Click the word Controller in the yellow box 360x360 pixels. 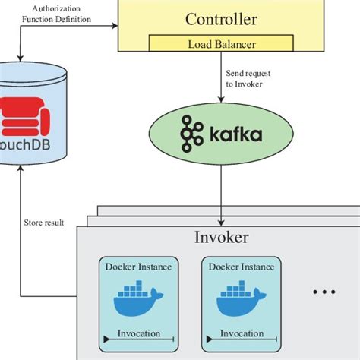click(222, 21)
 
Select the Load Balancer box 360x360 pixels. click(221, 45)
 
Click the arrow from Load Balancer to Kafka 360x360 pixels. click(221, 84)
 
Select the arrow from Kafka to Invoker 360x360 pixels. click(221, 182)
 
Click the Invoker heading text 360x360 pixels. click(221, 238)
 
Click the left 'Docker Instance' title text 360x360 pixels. click(138, 267)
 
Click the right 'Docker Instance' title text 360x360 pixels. click(241, 267)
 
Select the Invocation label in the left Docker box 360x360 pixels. click(138, 333)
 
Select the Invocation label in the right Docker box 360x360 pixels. click(241, 333)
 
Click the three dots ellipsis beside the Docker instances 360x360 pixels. click(324, 292)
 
